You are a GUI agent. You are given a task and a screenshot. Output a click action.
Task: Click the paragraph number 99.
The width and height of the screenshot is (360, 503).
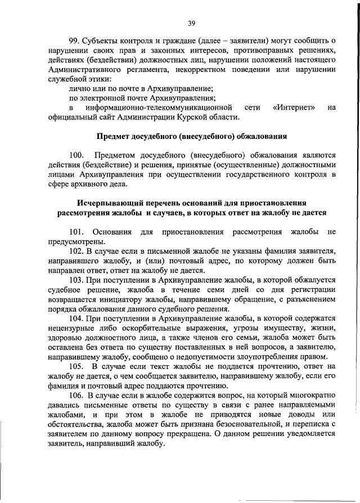tap(74, 41)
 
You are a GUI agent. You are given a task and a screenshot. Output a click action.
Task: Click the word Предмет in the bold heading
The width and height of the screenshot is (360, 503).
tap(116, 137)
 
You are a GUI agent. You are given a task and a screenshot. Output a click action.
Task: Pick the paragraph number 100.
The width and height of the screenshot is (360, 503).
tap(76, 155)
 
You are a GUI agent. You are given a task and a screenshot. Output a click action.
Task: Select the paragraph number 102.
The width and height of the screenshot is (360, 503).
tap(76, 250)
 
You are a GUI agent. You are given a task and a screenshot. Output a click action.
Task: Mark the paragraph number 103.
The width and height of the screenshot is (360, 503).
tap(76, 280)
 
